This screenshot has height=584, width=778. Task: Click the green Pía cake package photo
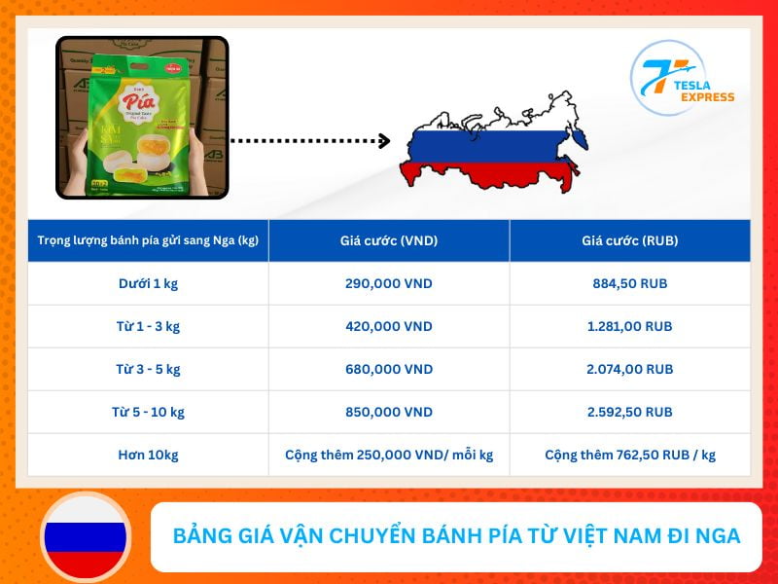[x=142, y=117]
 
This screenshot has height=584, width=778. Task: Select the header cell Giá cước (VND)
[x=388, y=240]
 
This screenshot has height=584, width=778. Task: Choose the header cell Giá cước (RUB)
[x=629, y=240]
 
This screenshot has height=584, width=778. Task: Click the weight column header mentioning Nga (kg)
[x=148, y=240]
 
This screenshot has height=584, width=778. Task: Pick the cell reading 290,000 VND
[x=388, y=284]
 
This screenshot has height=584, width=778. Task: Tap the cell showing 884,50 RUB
[x=629, y=284]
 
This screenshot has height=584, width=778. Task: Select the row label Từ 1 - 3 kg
[x=148, y=327]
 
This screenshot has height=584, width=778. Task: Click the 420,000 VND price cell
[x=388, y=327]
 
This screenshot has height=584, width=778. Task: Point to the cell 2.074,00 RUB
[x=629, y=370]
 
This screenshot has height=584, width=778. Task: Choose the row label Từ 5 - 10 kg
[x=148, y=412]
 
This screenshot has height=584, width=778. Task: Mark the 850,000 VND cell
[x=388, y=412]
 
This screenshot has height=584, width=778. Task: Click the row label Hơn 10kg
[x=148, y=455]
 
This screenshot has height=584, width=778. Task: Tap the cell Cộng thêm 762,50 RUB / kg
[x=629, y=455]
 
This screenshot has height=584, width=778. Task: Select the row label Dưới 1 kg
[x=148, y=284]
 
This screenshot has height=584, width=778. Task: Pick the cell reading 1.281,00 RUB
[x=629, y=327]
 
